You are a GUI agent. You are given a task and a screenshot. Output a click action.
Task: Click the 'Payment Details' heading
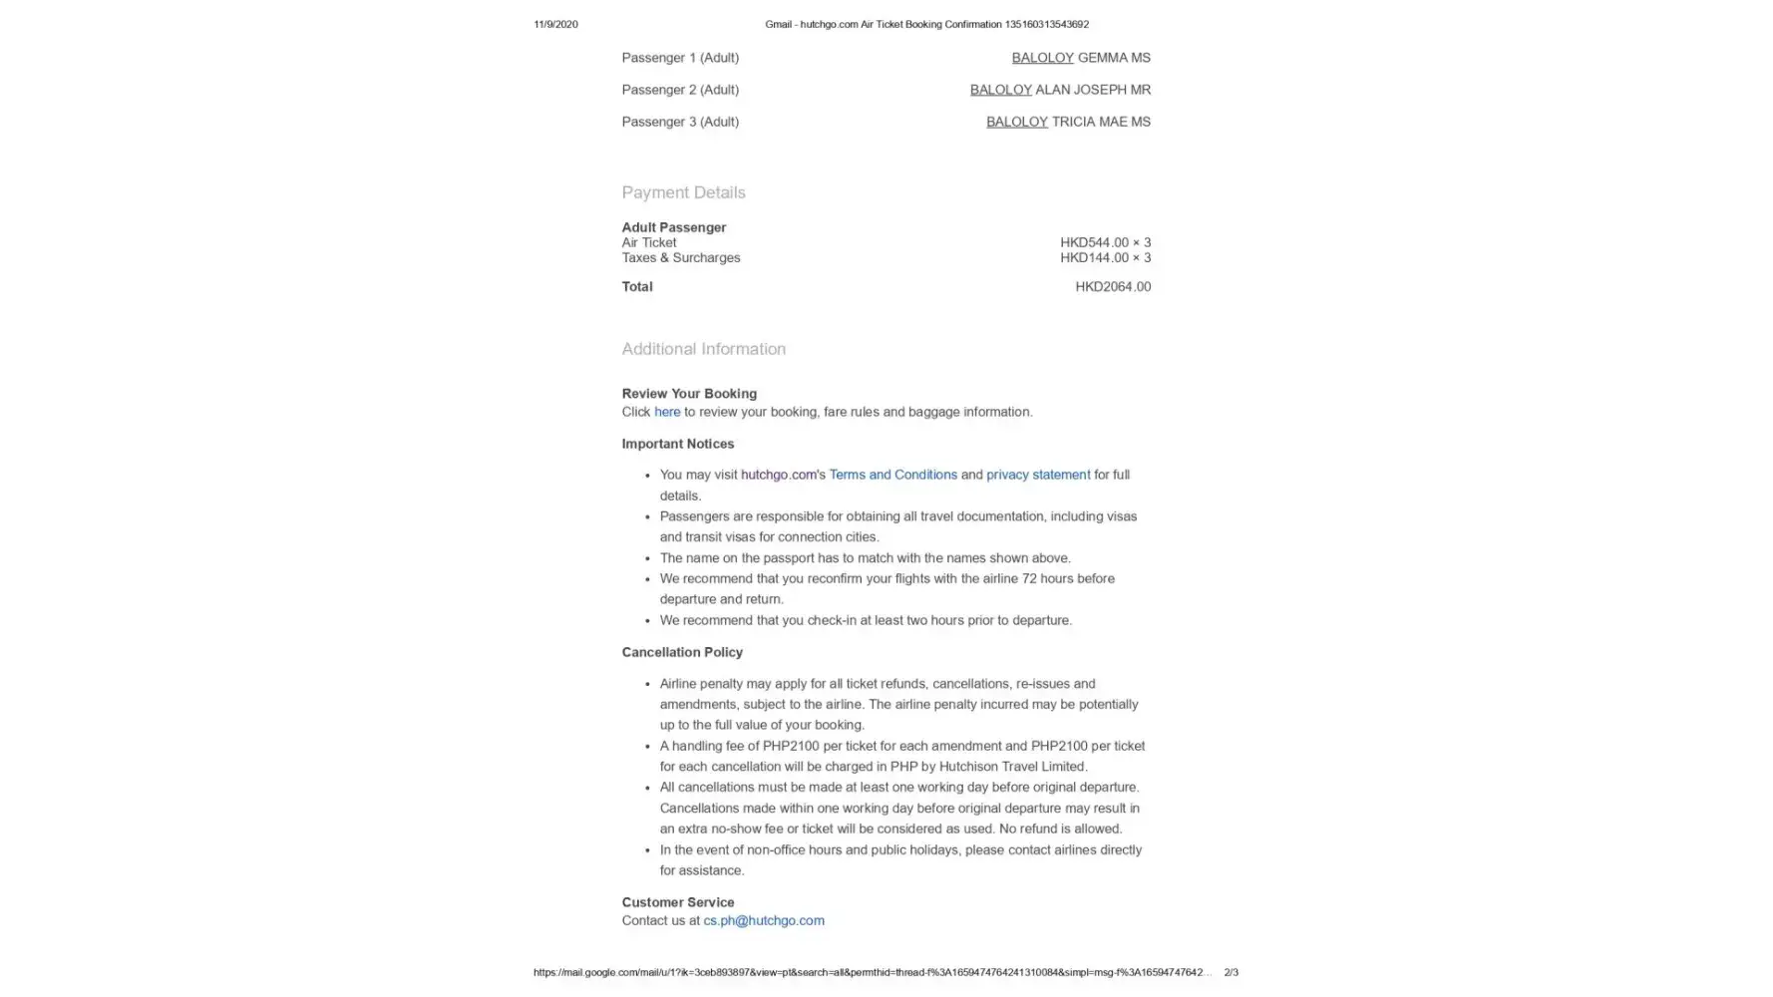coord(683,192)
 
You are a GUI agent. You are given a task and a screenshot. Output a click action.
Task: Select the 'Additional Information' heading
coord(703,349)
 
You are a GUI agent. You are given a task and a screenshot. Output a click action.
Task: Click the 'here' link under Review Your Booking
coord(666,412)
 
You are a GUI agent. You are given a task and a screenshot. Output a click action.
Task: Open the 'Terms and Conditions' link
coord(892,475)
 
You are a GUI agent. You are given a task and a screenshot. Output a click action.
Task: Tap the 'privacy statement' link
coord(1037,475)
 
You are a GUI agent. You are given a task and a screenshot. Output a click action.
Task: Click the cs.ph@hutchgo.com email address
coord(763,920)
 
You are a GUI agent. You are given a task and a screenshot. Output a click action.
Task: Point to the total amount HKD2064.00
coord(1112,286)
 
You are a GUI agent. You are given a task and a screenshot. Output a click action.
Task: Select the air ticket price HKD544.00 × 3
coord(1104,242)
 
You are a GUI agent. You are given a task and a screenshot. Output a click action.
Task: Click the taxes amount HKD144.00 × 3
coord(1104,257)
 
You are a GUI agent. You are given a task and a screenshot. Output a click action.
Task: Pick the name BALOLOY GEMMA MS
coord(1080,58)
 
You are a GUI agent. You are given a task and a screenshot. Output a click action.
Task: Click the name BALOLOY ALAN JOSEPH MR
coord(1059,90)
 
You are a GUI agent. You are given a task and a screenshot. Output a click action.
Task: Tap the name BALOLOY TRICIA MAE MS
coord(1067,122)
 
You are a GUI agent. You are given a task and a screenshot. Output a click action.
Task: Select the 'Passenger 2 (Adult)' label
coord(680,90)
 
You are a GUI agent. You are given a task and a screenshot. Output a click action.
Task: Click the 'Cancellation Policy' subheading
coord(682,652)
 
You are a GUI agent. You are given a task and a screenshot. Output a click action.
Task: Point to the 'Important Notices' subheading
coord(677,444)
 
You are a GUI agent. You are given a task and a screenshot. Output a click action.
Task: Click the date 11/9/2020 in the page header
coord(555,24)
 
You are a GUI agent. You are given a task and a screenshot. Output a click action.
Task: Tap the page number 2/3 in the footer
coord(1231,972)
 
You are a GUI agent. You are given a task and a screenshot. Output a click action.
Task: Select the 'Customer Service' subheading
coord(677,902)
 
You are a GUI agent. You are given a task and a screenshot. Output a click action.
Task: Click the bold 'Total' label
coord(637,286)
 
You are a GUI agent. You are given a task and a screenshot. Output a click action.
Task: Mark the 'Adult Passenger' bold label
coord(673,227)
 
